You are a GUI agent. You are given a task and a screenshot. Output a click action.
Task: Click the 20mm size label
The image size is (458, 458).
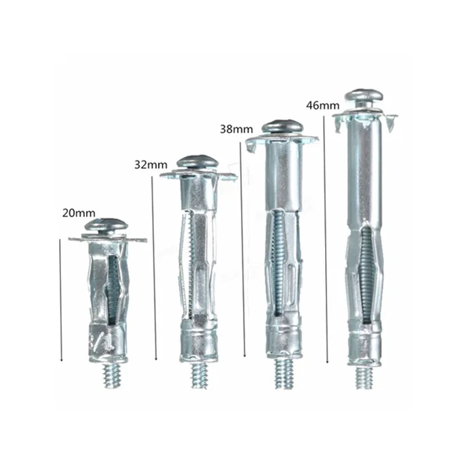pyautogui.click(x=79, y=213)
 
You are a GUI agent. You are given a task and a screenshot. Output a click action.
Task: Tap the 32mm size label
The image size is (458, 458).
pyautogui.click(x=151, y=165)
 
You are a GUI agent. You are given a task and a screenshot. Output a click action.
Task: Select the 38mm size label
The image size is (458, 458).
pyautogui.click(x=237, y=129)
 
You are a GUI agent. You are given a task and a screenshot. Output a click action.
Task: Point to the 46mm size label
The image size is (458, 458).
pyautogui.click(x=323, y=105)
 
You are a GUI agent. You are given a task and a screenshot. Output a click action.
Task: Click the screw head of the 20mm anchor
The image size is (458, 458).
pyautogui.click(x=107, y=225)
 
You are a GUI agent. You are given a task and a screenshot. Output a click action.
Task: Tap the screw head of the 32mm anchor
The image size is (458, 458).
pyautogui.click(x=197, y=162)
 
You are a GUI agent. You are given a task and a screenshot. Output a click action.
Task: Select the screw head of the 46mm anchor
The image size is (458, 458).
pyautogui.click(x=364, y=96)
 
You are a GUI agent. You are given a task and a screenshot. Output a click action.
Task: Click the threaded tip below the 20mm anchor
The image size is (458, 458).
pyautogui.click(x=111, y=376)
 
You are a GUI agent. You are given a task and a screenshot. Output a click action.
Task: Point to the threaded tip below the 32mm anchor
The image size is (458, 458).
pyautogui.click(x=199, y=375)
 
